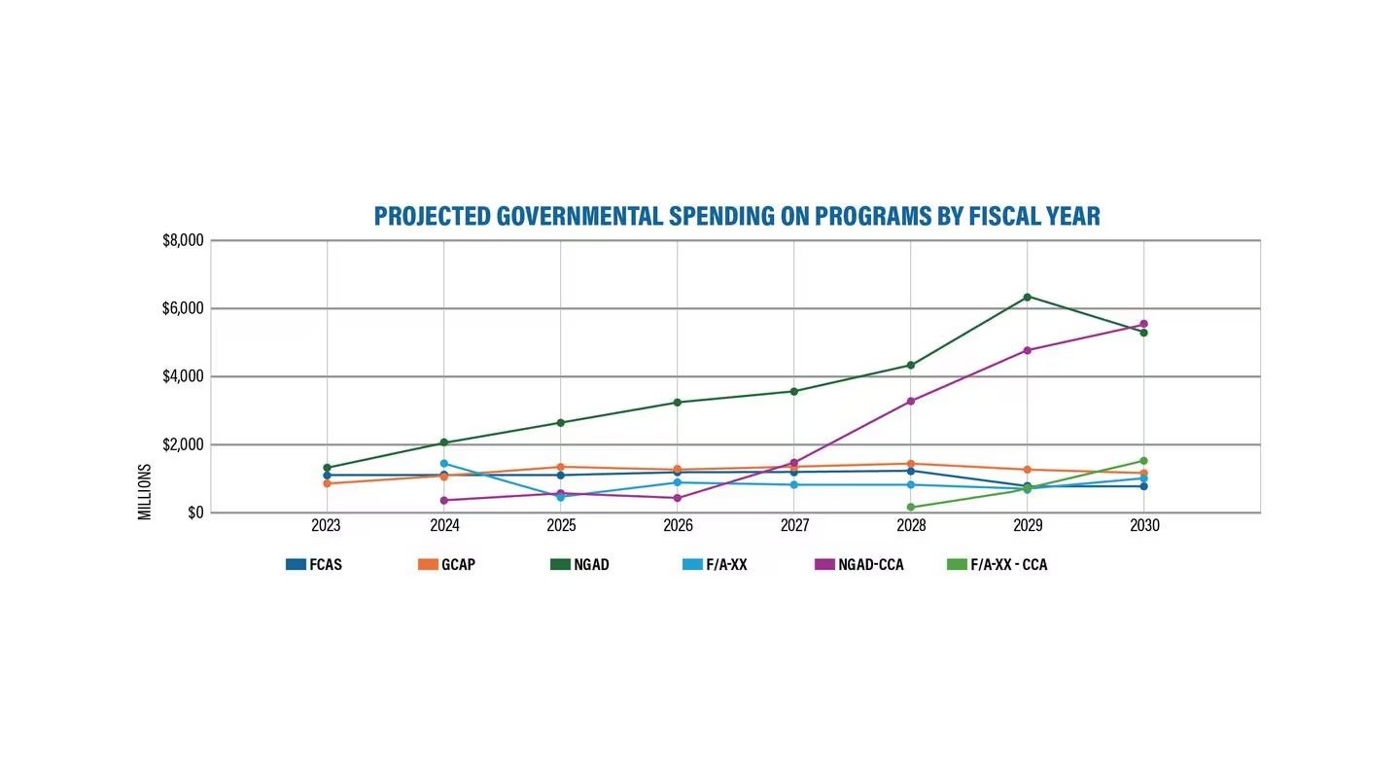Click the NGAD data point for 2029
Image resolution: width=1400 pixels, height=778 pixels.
click(1028, 297)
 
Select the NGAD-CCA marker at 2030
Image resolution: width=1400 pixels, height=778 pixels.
click(1144, 324)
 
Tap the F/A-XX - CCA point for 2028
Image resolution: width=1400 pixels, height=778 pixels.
click(911, 507)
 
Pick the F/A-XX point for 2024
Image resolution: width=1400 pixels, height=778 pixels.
click(444, 463)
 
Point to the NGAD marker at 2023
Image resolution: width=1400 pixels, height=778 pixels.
click(328, 468)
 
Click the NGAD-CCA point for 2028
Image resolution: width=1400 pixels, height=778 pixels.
click(911, 401)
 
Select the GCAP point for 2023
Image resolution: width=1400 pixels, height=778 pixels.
click(328, 483)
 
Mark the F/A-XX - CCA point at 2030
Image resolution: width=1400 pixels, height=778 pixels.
click(1144, 461)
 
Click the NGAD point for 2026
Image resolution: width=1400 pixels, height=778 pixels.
click(678, 402)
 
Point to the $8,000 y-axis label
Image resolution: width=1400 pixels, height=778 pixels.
click(183, 241)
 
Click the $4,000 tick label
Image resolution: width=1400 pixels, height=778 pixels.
click(183, 376)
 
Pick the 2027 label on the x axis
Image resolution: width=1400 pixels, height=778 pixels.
click(794, 526)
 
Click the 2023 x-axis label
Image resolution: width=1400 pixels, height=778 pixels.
click(328, 526)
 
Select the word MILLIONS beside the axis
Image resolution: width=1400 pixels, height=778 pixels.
click(145, 491)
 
